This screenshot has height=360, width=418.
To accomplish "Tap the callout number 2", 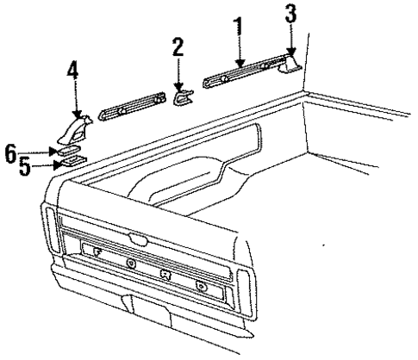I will click(x=178, y=49).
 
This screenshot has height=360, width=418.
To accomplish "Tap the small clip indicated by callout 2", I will click(x=182, y=99).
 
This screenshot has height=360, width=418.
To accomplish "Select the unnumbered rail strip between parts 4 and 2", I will click(x=129, y=109).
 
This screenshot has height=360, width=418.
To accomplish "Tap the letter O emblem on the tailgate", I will click(x=129, y=262).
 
